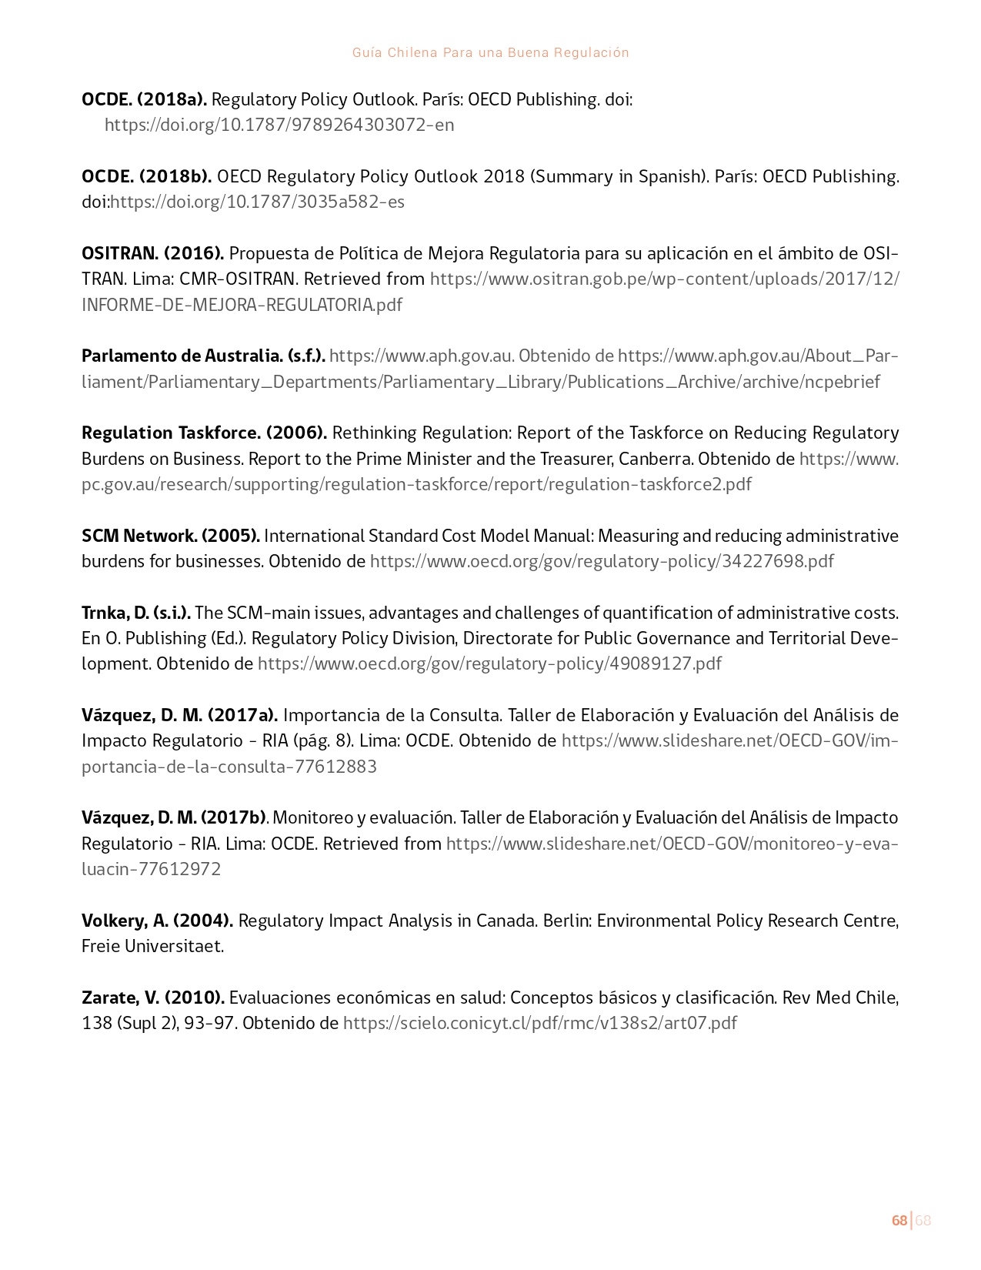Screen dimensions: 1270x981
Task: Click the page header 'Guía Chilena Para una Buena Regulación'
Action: coord(490,53)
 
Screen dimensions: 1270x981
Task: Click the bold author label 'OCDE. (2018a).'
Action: coord(144,99)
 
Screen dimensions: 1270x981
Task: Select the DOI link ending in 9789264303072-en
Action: coord(279,125)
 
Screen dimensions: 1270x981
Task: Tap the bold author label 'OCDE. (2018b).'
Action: coord(146,176)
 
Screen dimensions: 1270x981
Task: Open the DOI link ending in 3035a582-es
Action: coord(258,202)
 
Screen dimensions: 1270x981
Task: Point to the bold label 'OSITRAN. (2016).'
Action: coord(152,253)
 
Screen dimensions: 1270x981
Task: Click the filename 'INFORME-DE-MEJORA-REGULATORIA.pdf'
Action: coord(242,305)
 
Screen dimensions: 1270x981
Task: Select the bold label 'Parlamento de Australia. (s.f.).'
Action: coord(203,356)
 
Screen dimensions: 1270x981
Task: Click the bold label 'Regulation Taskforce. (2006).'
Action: coord(204,433)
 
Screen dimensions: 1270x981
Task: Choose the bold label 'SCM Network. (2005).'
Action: coord(171,536)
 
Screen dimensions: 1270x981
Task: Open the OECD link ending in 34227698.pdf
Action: coord(602,561)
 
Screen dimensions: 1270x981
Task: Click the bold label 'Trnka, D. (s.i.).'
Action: coord(136,613)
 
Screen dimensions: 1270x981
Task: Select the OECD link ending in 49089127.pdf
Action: coord(489,663)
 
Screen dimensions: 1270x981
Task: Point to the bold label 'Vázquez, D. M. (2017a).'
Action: coord(179,715)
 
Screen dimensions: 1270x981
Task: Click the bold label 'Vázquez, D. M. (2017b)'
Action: coord(174,817)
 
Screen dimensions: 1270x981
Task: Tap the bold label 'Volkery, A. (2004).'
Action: coord(157,921)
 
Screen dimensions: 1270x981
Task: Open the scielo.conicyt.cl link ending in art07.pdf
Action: coord(539,1023)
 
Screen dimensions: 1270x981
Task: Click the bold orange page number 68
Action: coord(899,1221)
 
